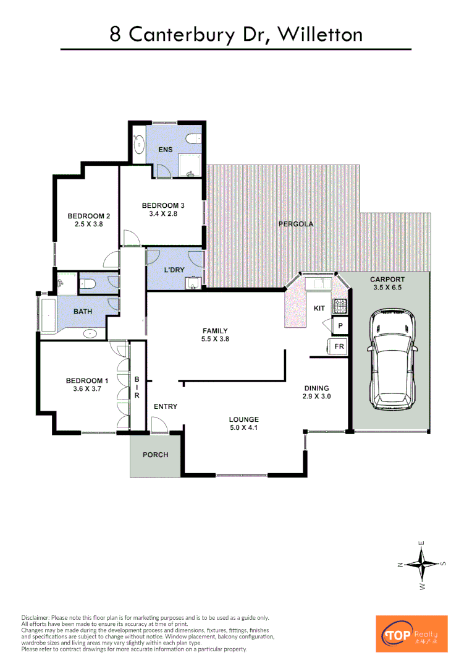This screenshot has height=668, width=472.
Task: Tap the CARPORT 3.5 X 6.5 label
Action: (387, 283)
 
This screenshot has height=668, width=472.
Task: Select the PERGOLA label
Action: (295, 224)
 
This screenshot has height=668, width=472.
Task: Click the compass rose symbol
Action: (423, 564)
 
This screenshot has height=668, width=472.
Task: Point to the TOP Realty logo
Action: (411, 633)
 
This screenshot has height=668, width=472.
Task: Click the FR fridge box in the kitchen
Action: (339, 347)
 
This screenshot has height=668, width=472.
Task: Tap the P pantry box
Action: (340, 326)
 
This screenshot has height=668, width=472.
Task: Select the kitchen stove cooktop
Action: (339, 306)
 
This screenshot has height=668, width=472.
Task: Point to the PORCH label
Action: (155, 455)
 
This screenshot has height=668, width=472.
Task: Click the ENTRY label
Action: (165, 406)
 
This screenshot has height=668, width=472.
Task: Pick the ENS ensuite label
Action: (166, 150)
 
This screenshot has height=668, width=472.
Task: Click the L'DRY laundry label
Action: (174, 270)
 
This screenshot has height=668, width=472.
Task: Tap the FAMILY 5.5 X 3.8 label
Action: (215, 335)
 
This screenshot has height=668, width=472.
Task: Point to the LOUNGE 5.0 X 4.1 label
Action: (243, 423)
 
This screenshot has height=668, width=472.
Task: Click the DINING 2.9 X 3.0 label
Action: (317, 392)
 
